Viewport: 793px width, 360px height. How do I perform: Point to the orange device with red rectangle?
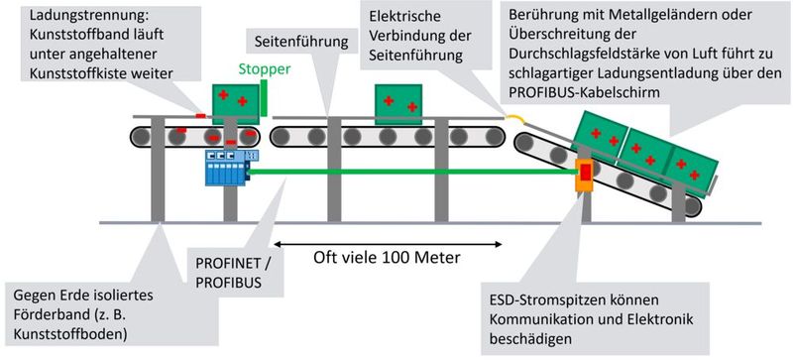(x=585, y=175)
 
